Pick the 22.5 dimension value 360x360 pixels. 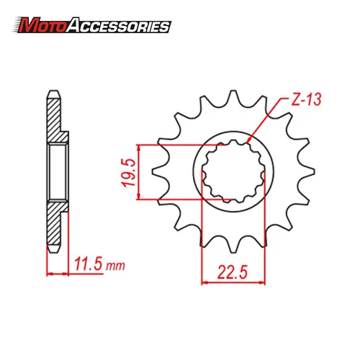[x=232, y=272]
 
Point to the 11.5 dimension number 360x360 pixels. [x=89, y=266]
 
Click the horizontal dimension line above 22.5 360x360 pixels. [x=232, y=282]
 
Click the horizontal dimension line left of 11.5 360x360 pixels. [x=57, y=274]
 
